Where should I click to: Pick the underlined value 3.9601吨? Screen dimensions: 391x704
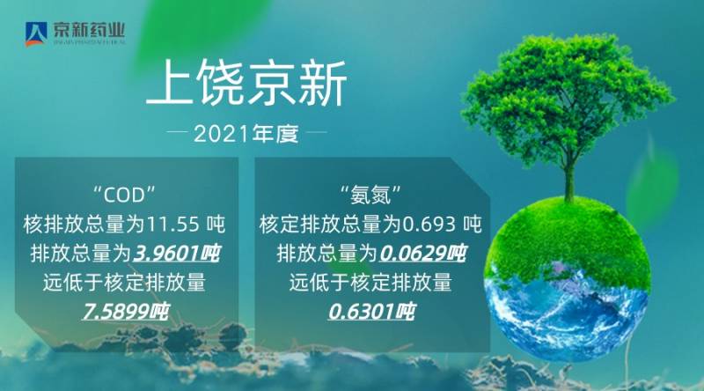point(176,254)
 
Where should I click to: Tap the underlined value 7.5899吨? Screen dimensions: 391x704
point(125,311)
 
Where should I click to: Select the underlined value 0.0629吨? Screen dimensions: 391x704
point(423,254)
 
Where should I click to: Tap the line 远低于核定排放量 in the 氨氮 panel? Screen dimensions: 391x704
point(370,283)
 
